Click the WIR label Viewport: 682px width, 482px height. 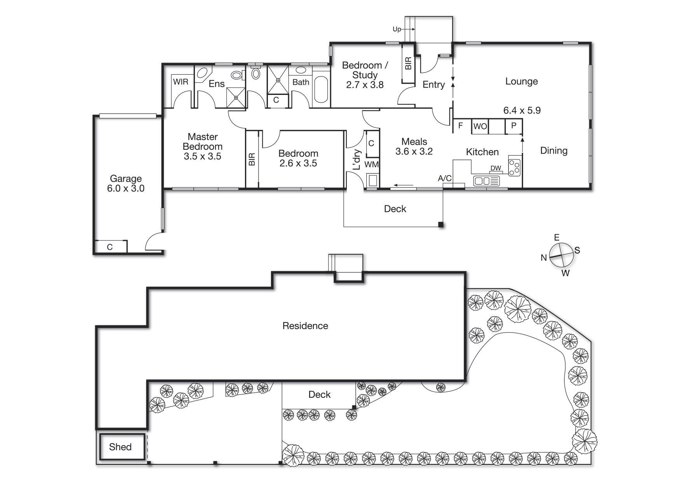(180, 82)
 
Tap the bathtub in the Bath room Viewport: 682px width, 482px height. (321, 89)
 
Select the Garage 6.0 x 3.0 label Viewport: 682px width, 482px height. (126, 184)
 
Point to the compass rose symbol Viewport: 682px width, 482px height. (560, 255)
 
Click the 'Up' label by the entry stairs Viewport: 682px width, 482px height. (397, 29)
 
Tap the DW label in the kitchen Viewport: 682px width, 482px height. (496, 168)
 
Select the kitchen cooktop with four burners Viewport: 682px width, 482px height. (515, 167)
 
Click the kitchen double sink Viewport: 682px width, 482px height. (486, 181)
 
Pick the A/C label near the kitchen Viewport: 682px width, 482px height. (445, 178)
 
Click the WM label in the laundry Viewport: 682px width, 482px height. (371, 165)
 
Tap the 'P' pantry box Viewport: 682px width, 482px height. (514, 126)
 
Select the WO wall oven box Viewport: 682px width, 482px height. (480, 126)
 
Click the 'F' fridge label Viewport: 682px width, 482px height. (461, 126)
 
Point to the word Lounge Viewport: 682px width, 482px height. (521, 82)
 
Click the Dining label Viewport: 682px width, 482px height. (554, 151)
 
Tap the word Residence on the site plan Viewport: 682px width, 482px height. (305, 326)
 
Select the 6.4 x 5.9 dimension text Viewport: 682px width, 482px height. (522, 110)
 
